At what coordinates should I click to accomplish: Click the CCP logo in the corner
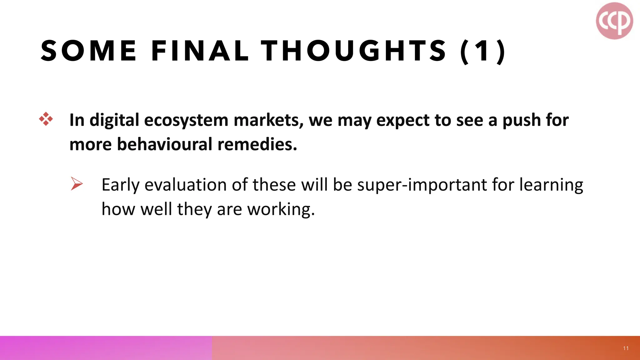(x=614, y=21)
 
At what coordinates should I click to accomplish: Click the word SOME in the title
(x=89, y=51)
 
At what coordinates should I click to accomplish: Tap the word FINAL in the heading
(x=200, y=51)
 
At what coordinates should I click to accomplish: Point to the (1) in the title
(x=483, y=51)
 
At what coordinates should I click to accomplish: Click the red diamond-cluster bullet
(x=46, y=119)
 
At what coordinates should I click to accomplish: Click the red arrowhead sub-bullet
(x=77, y=183)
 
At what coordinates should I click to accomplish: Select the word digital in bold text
(x=114, y=120)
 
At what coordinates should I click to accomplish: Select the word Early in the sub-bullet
(x=120, y=185)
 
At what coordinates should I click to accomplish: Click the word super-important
(x=422, y=185)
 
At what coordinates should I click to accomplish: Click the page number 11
(x=626, y=348)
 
